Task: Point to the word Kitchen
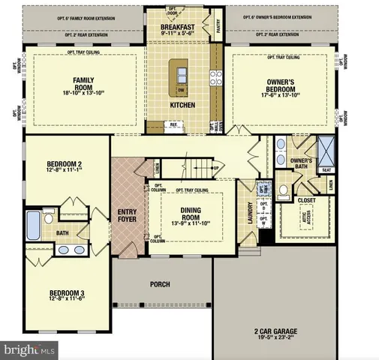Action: pyautogui.click(x=182, y=106)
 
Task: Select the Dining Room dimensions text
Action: pyautogui.click(x=192, y=223)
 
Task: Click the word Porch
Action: pyautogui.click(x=160, y=284)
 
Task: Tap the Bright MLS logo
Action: pyautogui.click(x=30, y=349)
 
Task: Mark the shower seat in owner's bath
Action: pyautogui.click(x=326, y=169)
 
